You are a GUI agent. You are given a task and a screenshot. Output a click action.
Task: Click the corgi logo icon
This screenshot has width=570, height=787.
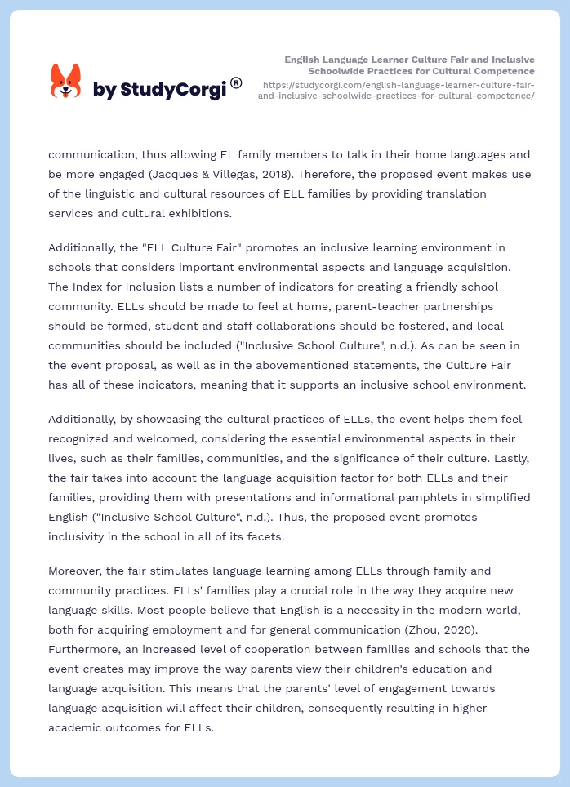65,82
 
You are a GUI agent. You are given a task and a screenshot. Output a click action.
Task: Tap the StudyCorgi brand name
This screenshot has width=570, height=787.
159,90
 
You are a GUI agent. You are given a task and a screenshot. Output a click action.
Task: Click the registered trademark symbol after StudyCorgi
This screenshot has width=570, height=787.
236,82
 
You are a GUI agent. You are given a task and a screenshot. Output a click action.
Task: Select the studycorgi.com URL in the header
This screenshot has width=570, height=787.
396,90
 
